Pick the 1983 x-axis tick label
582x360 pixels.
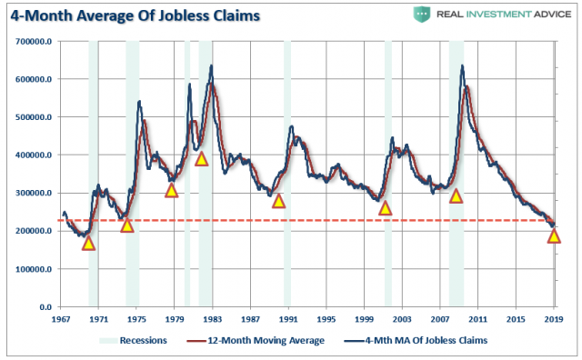click(x=213, y=320)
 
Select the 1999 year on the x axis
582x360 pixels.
click(x=364, y=320)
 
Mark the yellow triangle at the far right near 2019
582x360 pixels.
click(x=554, y=236)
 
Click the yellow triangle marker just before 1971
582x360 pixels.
click(x=88, y=243)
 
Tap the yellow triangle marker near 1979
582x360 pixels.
click(x=171, y=190)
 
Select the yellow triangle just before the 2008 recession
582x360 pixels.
click(x=456, y=195)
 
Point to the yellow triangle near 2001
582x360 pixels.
click(x=385, y=208)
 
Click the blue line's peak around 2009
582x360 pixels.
click(x=462, y=65)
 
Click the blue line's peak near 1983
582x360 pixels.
click(x=211, y=65)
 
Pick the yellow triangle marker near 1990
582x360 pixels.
click(x=278, y=201)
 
